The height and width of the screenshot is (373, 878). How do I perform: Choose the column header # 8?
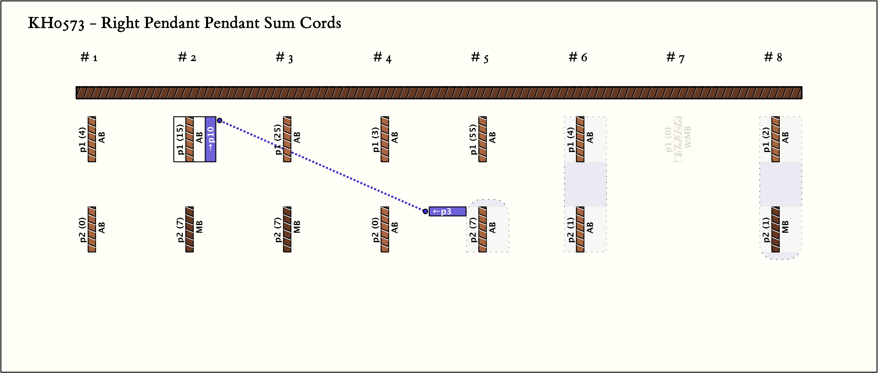point(773,57)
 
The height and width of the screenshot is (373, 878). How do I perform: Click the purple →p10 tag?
point(211,139)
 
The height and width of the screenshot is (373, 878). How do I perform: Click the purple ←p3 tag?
point(447,211)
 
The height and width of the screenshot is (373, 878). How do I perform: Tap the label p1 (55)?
point(473,139)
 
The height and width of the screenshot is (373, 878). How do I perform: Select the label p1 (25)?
point(278,139)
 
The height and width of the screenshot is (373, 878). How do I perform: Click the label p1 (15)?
point(180,139)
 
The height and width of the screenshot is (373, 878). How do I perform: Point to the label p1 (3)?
point(375,139)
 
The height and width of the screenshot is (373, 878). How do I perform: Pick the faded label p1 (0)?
point(668,139)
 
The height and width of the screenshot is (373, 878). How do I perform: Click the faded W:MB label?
point(688,137)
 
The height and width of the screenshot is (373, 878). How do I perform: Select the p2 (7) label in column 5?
point(473,229)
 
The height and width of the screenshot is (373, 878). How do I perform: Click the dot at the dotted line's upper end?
point(220,120)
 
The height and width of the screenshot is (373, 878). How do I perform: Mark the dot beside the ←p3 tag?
point(425,211)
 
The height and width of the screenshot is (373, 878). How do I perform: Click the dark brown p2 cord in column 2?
point(190,229)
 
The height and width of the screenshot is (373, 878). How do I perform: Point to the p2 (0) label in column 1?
point(82,229)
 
